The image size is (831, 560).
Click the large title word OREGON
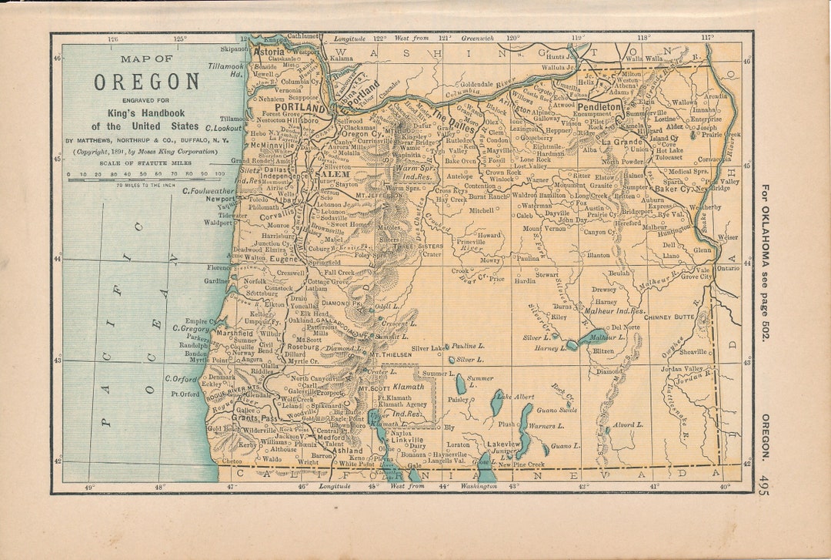(147, 82)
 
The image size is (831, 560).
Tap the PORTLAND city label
(293, 108)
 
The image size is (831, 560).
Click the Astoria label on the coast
(269, 52)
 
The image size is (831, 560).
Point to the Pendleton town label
(600, 106)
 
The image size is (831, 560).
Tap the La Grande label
(622, 142)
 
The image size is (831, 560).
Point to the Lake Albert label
(515, 396)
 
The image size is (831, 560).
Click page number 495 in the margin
(763, 485)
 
